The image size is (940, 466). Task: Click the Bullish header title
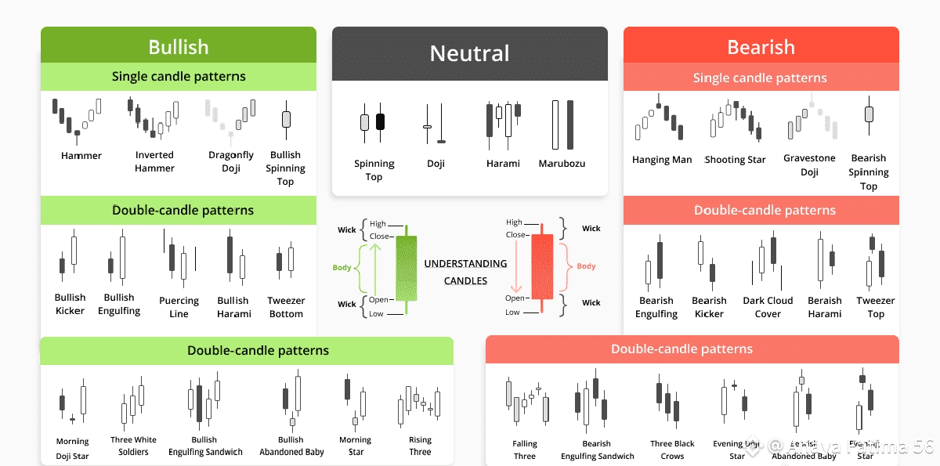tap(179, 47)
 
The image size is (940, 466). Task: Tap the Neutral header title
tap(469, 53)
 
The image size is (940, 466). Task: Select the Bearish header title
tap(761, 47)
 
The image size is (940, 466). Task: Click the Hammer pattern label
tap(81, 156)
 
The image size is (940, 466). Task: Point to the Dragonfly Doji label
tap(231, 161)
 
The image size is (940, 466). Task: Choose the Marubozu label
tap(562, 164)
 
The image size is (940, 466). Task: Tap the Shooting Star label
tap(735, 160)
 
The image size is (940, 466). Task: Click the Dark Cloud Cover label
tap(768, 307)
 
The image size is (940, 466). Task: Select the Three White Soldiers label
tap(133, 446)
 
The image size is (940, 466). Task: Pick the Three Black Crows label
tap(672, 450)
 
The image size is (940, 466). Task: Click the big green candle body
tap(407, 268)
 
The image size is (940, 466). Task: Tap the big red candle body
tap(542, 266)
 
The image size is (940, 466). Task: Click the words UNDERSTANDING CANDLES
tap(465, 272)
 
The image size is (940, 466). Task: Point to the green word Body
tap(342, 268)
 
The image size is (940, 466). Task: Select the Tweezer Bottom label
tap(286, 307)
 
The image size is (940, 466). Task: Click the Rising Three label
tap(420, 446)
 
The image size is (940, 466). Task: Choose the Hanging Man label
tap(662, 160)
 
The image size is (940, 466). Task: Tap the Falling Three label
tap(525, 450)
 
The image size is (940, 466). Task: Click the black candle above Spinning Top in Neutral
tap(381, 121)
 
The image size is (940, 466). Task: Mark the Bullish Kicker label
tap(70, 304)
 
